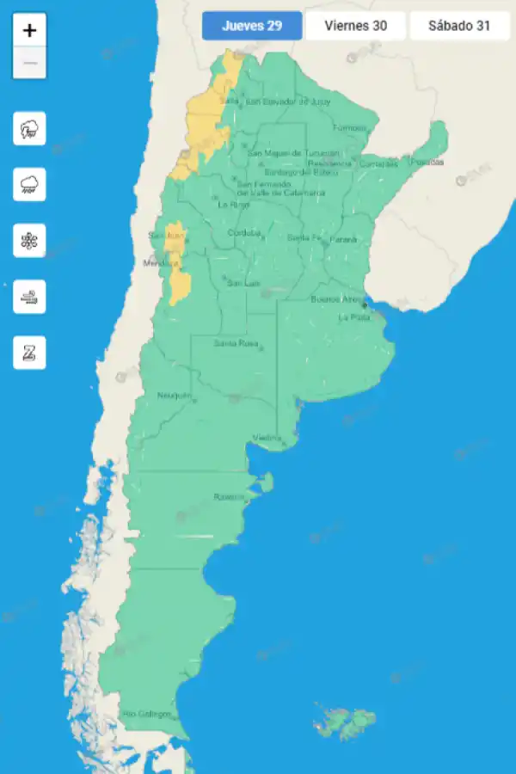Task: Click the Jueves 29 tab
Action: coord(252,26)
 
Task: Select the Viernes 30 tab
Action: coord(355,26)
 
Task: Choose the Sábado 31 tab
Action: coord(459,26)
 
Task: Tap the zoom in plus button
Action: coord(30,31)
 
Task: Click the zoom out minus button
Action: coord(30,63)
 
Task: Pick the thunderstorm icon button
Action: coord(30,130)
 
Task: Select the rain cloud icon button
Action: coord(30,185)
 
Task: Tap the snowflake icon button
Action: coord(30,241)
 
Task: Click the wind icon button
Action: coord(30,297)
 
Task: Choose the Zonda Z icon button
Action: coord(30,353)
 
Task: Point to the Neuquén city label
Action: coord(174,396)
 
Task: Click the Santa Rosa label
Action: coord(236,344)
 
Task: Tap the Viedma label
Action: coord(267,439)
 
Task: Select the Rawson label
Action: coord(229,497)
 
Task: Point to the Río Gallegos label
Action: coord(147,714)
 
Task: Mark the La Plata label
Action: coord(354,317)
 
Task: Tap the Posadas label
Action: coord(427,162)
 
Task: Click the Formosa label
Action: coord(349,128)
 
